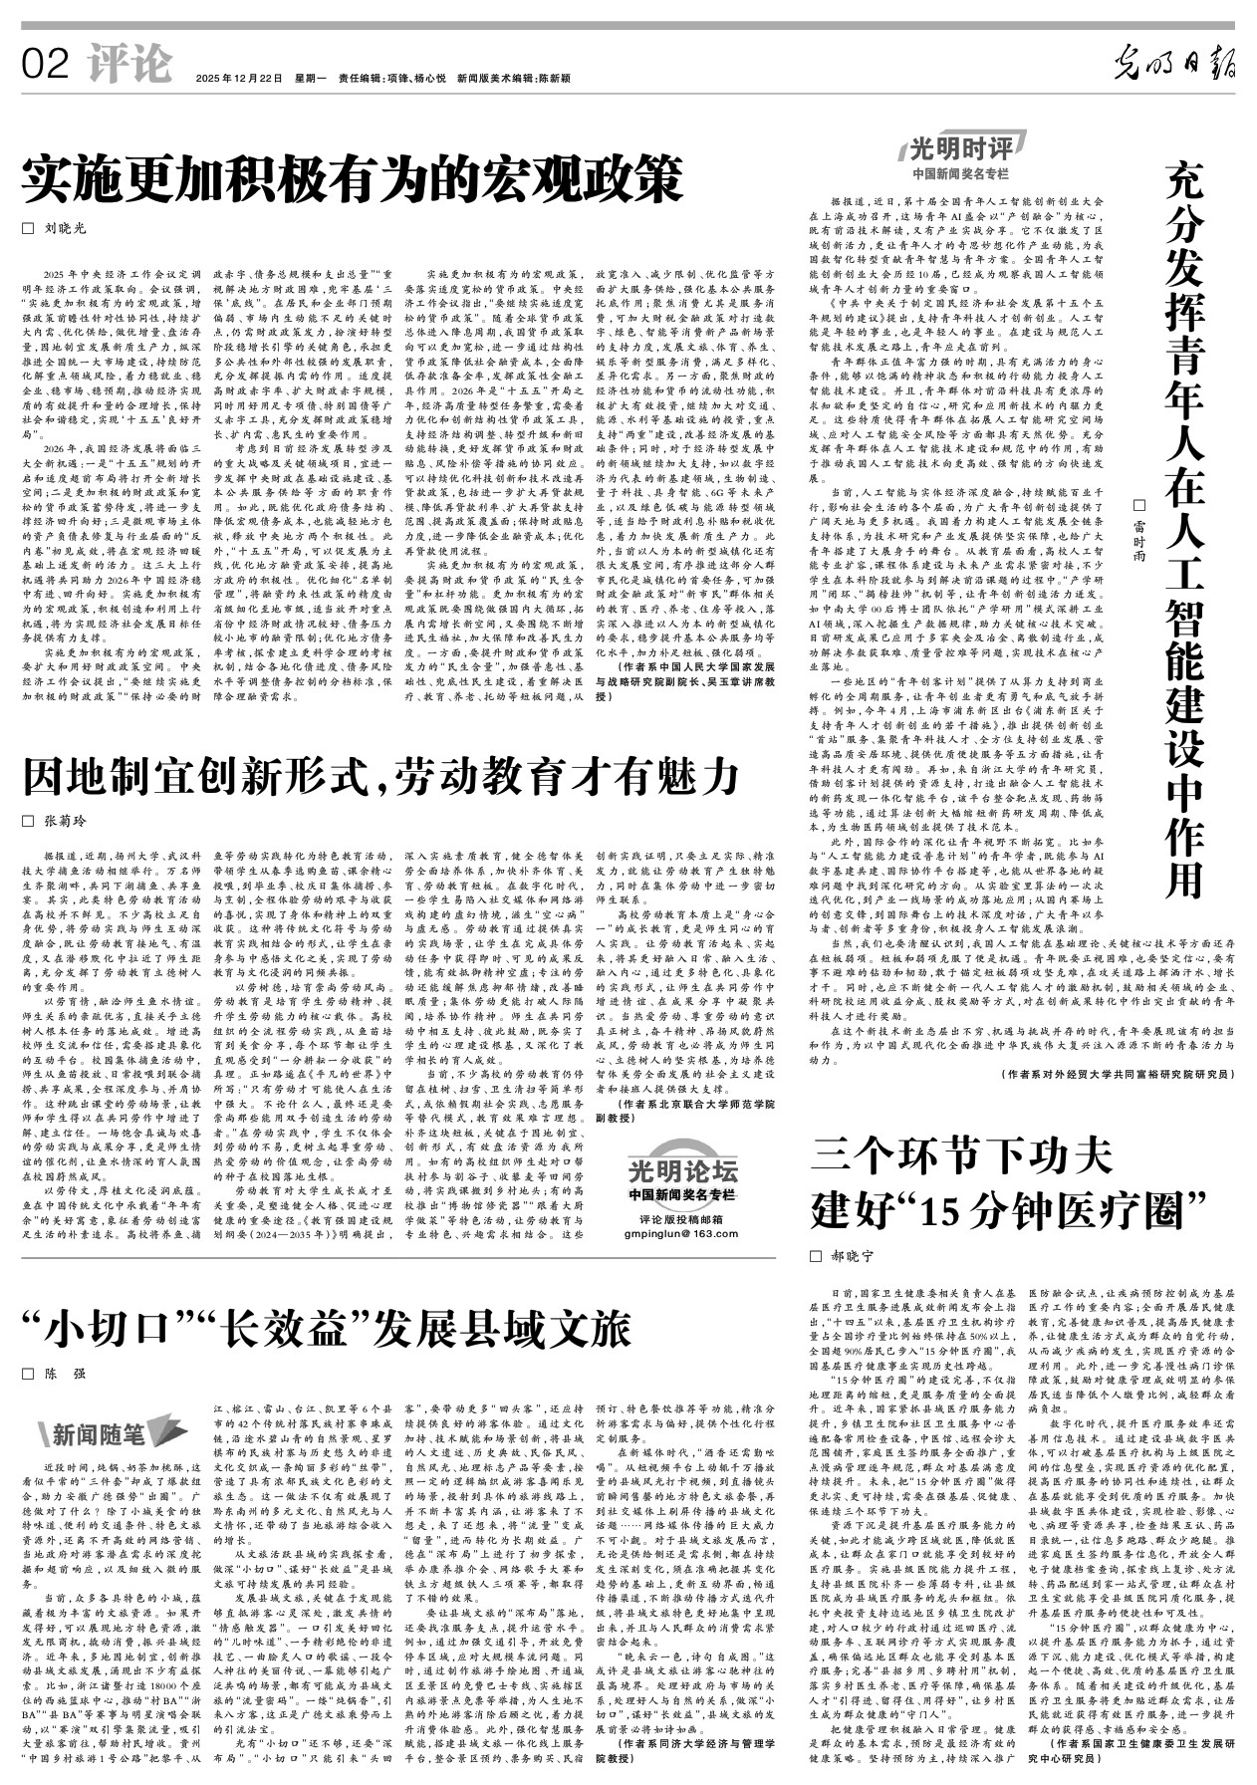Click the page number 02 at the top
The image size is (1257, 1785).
coord(45,65)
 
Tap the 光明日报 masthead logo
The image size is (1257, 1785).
coord(1173,66)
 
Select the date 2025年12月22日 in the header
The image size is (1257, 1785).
coord(239,78)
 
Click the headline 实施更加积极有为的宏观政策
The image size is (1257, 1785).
coord(354,180)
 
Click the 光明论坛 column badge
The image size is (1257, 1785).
coord(682,1169)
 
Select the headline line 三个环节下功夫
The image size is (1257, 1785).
coord(961,1154)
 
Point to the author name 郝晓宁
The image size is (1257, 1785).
coord(853,1256)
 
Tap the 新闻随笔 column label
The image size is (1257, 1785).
coord(99,1433)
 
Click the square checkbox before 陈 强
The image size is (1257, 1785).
coord(28,1374)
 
